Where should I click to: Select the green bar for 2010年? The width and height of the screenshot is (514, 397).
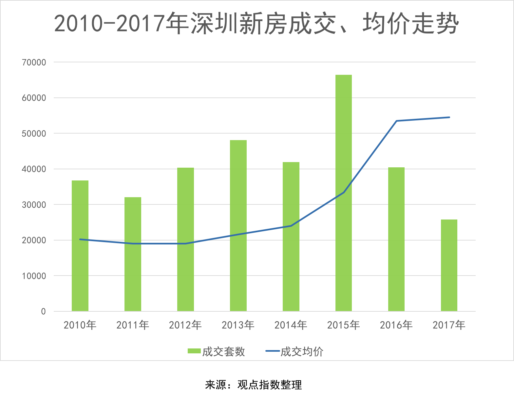(x=80, y=246)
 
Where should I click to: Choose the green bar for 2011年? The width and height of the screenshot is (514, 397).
(x=133, y=254)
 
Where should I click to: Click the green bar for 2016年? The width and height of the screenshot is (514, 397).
(x=396, y=239)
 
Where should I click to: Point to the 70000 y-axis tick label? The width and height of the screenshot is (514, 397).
(x=34, y=62)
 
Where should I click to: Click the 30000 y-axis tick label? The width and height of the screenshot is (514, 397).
(x=34, y=205)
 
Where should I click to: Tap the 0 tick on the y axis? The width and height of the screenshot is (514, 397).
(x=43, y=311)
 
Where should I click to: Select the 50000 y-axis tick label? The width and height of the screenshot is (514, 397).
(x=34, y=134)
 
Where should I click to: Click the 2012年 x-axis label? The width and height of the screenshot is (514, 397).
(x=185, y=325)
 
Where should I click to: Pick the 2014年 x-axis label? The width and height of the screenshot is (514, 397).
(x=291, y=325)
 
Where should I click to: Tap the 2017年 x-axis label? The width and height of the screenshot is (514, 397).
(x=449, y=325)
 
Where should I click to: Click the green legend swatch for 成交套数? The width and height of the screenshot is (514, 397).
(x=194, y=351)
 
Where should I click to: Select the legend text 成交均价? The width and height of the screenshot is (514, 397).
(x=302, y=352)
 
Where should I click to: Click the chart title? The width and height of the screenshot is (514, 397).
(x=257, y=24)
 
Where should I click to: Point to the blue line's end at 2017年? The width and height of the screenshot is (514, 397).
(x=449, y=117)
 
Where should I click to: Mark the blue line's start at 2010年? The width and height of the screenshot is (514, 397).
(x=80, y=239)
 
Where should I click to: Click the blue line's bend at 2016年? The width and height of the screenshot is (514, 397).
(x=396, y=121)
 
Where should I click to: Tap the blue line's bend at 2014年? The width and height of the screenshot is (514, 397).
(x=291, y=226)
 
